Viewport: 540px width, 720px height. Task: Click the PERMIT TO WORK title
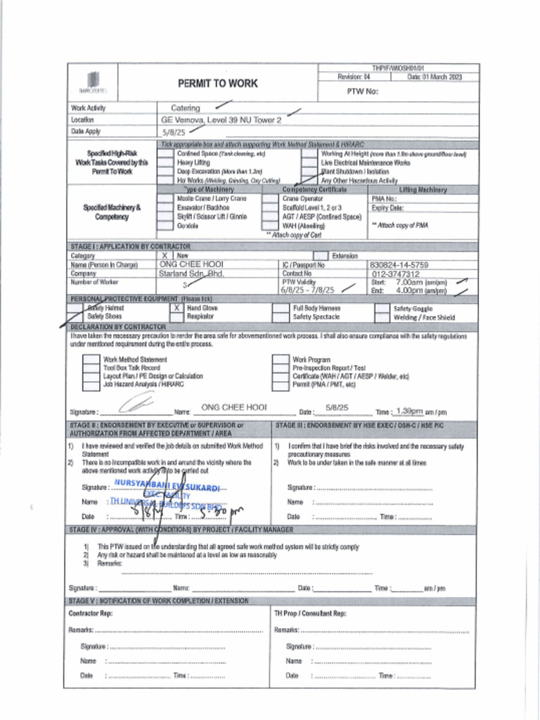tap(217, 83)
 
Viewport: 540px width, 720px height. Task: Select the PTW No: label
tap(363, 91)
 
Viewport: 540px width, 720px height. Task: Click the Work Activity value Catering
tap(186, 108)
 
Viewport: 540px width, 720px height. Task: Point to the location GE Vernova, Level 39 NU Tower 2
tap(221, 120)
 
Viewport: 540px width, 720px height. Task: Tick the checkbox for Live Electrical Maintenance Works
tap(309, 162)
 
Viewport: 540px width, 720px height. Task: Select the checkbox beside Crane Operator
tap(270, 199)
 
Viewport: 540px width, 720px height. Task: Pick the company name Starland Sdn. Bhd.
tap(191, 274)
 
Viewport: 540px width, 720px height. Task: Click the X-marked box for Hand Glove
tap(177, 308)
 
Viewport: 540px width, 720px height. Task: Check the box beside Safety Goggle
tap(382, 309)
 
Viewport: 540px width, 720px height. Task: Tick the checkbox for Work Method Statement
tap(91, 360)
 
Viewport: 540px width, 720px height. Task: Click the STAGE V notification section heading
tap(159, 601)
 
